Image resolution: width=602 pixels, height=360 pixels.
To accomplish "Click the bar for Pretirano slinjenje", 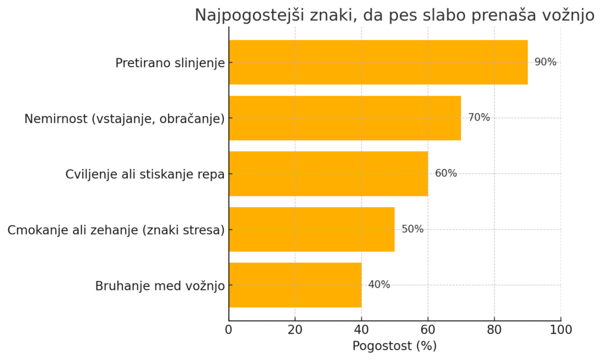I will click(378, 62).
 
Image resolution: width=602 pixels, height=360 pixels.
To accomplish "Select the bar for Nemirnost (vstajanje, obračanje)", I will click(345, 118).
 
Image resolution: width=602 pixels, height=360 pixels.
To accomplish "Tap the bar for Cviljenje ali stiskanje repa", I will click(328, 174).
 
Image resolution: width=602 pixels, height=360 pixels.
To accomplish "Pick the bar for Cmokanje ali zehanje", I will click(312, 229).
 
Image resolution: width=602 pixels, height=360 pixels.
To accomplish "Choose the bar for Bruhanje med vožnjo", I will click(295, 285).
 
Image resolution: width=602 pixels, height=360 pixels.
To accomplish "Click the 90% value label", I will click(545, 62).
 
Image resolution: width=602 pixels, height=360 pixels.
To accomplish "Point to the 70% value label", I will click(479, 118).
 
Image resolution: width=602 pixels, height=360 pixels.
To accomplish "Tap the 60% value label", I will click(446, 174).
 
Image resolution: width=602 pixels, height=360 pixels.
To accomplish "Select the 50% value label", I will click(412, 229).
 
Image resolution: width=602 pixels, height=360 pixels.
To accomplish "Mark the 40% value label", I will click(379, 285).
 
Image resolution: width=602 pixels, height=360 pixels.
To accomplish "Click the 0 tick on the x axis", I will click(229, 329).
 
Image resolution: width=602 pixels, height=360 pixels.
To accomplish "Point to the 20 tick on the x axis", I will click(295, 329).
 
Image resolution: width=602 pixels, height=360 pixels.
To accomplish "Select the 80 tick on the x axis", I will click(494, 329).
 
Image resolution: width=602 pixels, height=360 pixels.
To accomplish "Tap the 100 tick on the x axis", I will click(561, 329).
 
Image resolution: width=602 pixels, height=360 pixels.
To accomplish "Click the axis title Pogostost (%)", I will click(394, 346).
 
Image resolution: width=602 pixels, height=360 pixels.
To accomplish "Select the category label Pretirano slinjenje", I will click(170, 63).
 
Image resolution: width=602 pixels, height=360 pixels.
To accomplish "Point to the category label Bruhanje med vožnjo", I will click(160, 286).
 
